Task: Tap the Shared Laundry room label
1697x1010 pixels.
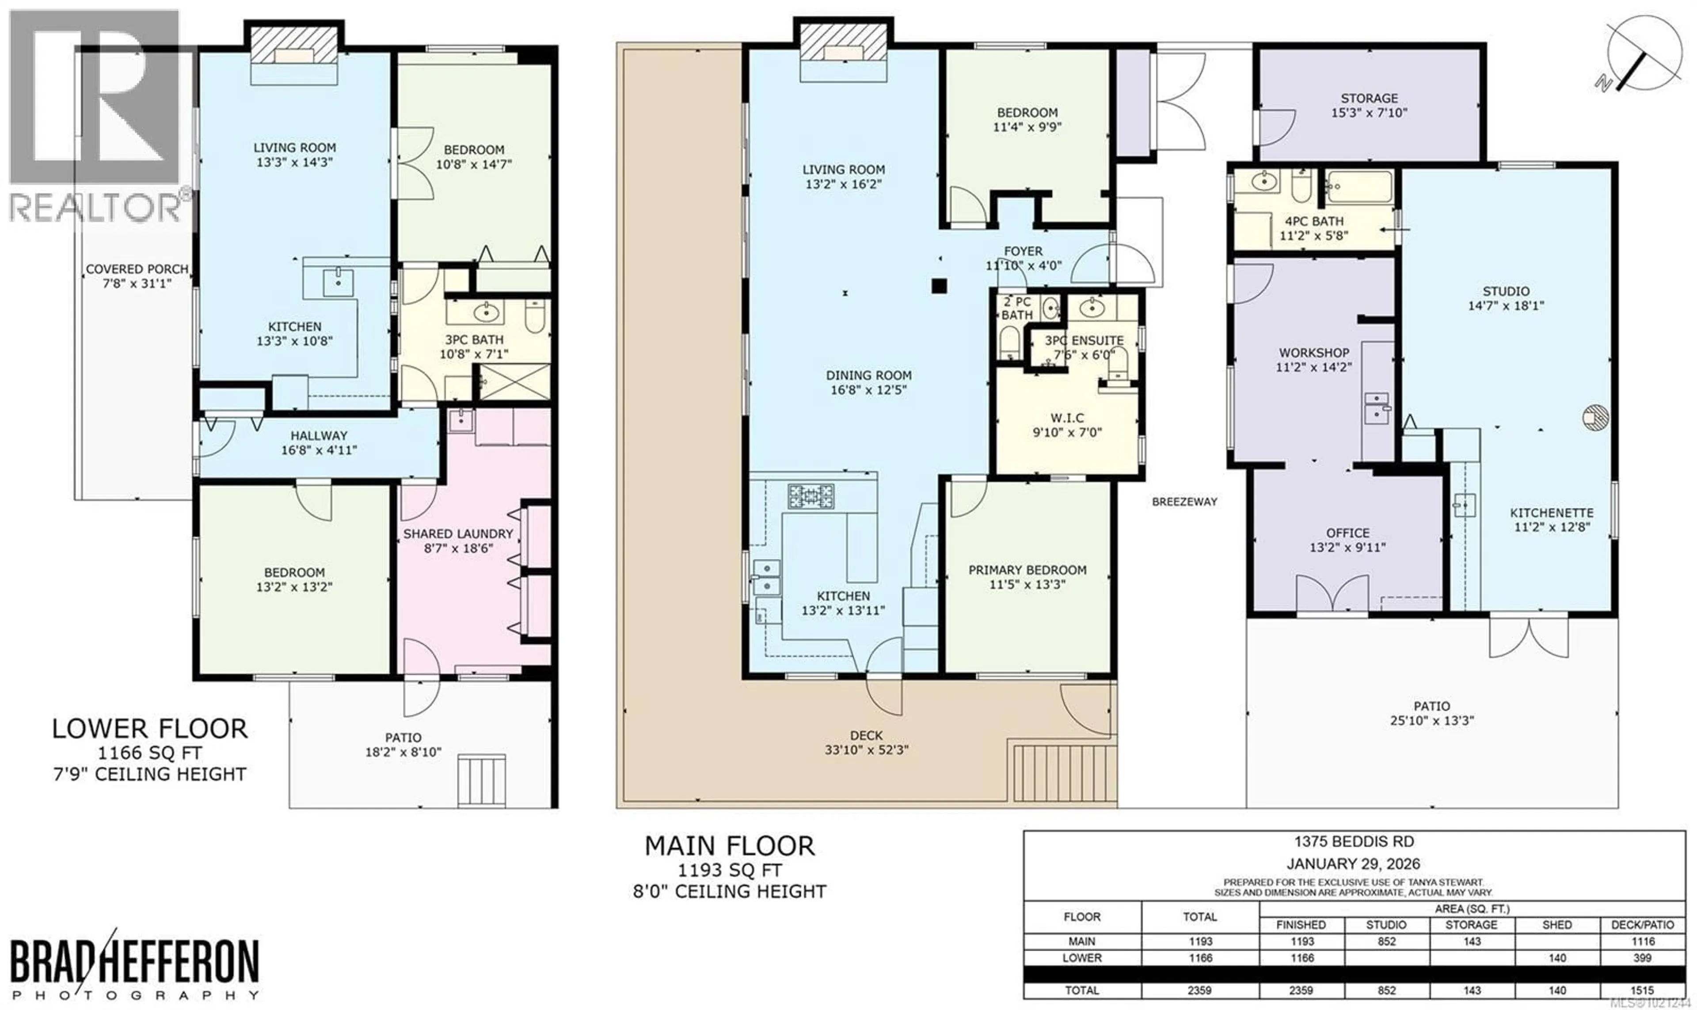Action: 458,541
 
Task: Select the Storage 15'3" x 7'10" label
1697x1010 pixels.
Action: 1369,106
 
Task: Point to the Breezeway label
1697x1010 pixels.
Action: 1185,502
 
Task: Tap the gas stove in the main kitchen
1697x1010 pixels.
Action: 811,496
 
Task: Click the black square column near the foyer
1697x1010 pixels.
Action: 940,286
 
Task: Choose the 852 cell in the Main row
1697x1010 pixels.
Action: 1386,941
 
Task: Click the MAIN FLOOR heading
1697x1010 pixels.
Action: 730,846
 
